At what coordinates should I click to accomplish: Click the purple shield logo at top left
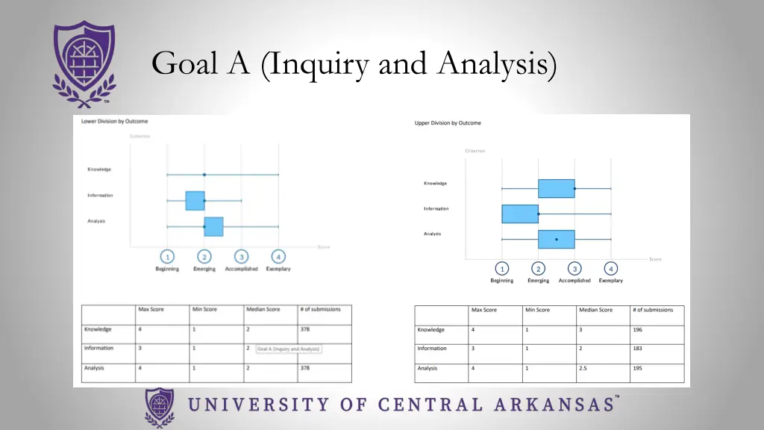click(x=84, y=63)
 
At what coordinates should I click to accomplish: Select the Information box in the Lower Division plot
click(x=195, y=201)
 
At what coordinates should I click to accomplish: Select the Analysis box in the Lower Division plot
click(x=213, y=226)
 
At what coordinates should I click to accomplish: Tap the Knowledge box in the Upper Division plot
click(x=556, y=188)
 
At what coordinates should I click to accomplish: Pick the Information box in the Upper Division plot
click(x=520, y=214)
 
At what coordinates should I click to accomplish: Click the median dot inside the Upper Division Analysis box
click(x=556, y=240)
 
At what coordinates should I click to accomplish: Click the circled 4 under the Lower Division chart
click(x=278, y=256)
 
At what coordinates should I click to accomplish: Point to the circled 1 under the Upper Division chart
click(x=502, y=269)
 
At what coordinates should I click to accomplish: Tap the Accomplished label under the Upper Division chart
click(x=574, y=281)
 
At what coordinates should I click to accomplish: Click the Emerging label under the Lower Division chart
click(x=204, y=269)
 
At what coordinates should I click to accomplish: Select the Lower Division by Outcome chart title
click(x=115, y=121)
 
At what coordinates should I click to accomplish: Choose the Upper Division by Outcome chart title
click(x=448, y=123)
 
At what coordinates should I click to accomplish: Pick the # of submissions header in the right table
click(x=653, y=310)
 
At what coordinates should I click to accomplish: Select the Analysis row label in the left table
click(x=94, y=368)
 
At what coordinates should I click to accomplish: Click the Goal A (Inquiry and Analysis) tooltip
click(x=289, y=349)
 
